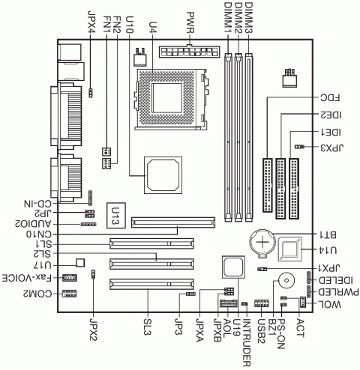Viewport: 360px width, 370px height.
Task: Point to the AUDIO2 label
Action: click(x=28, y=223)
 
